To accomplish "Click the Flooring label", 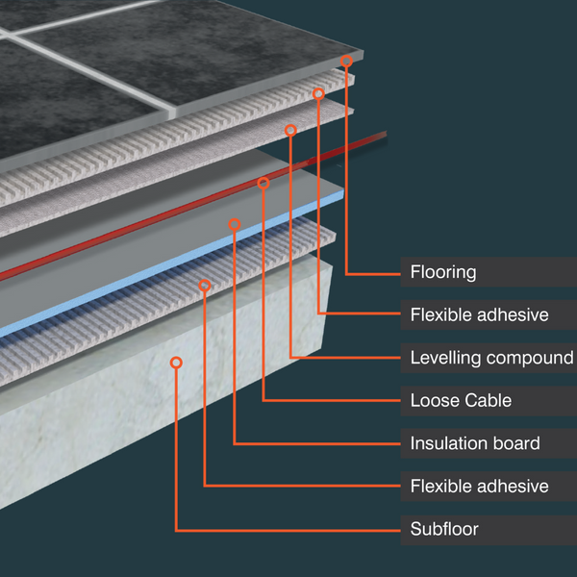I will coord(443,272).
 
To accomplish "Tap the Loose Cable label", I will coord(461,400).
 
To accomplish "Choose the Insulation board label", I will coord(474,443).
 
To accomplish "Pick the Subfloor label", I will coord(444,529).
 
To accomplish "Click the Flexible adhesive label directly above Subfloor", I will coord(479,487).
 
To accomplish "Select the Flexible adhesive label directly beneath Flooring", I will coord(479,314).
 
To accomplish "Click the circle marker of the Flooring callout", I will coord(346,61).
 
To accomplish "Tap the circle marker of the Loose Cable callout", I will coord(263,183).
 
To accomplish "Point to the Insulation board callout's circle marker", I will coord(234,225).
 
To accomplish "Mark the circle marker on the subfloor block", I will coord(176,363).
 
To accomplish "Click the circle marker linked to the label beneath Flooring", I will coord(318,93).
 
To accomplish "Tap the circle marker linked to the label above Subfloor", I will coord(205,285).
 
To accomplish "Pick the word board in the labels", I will coord(516,443).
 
